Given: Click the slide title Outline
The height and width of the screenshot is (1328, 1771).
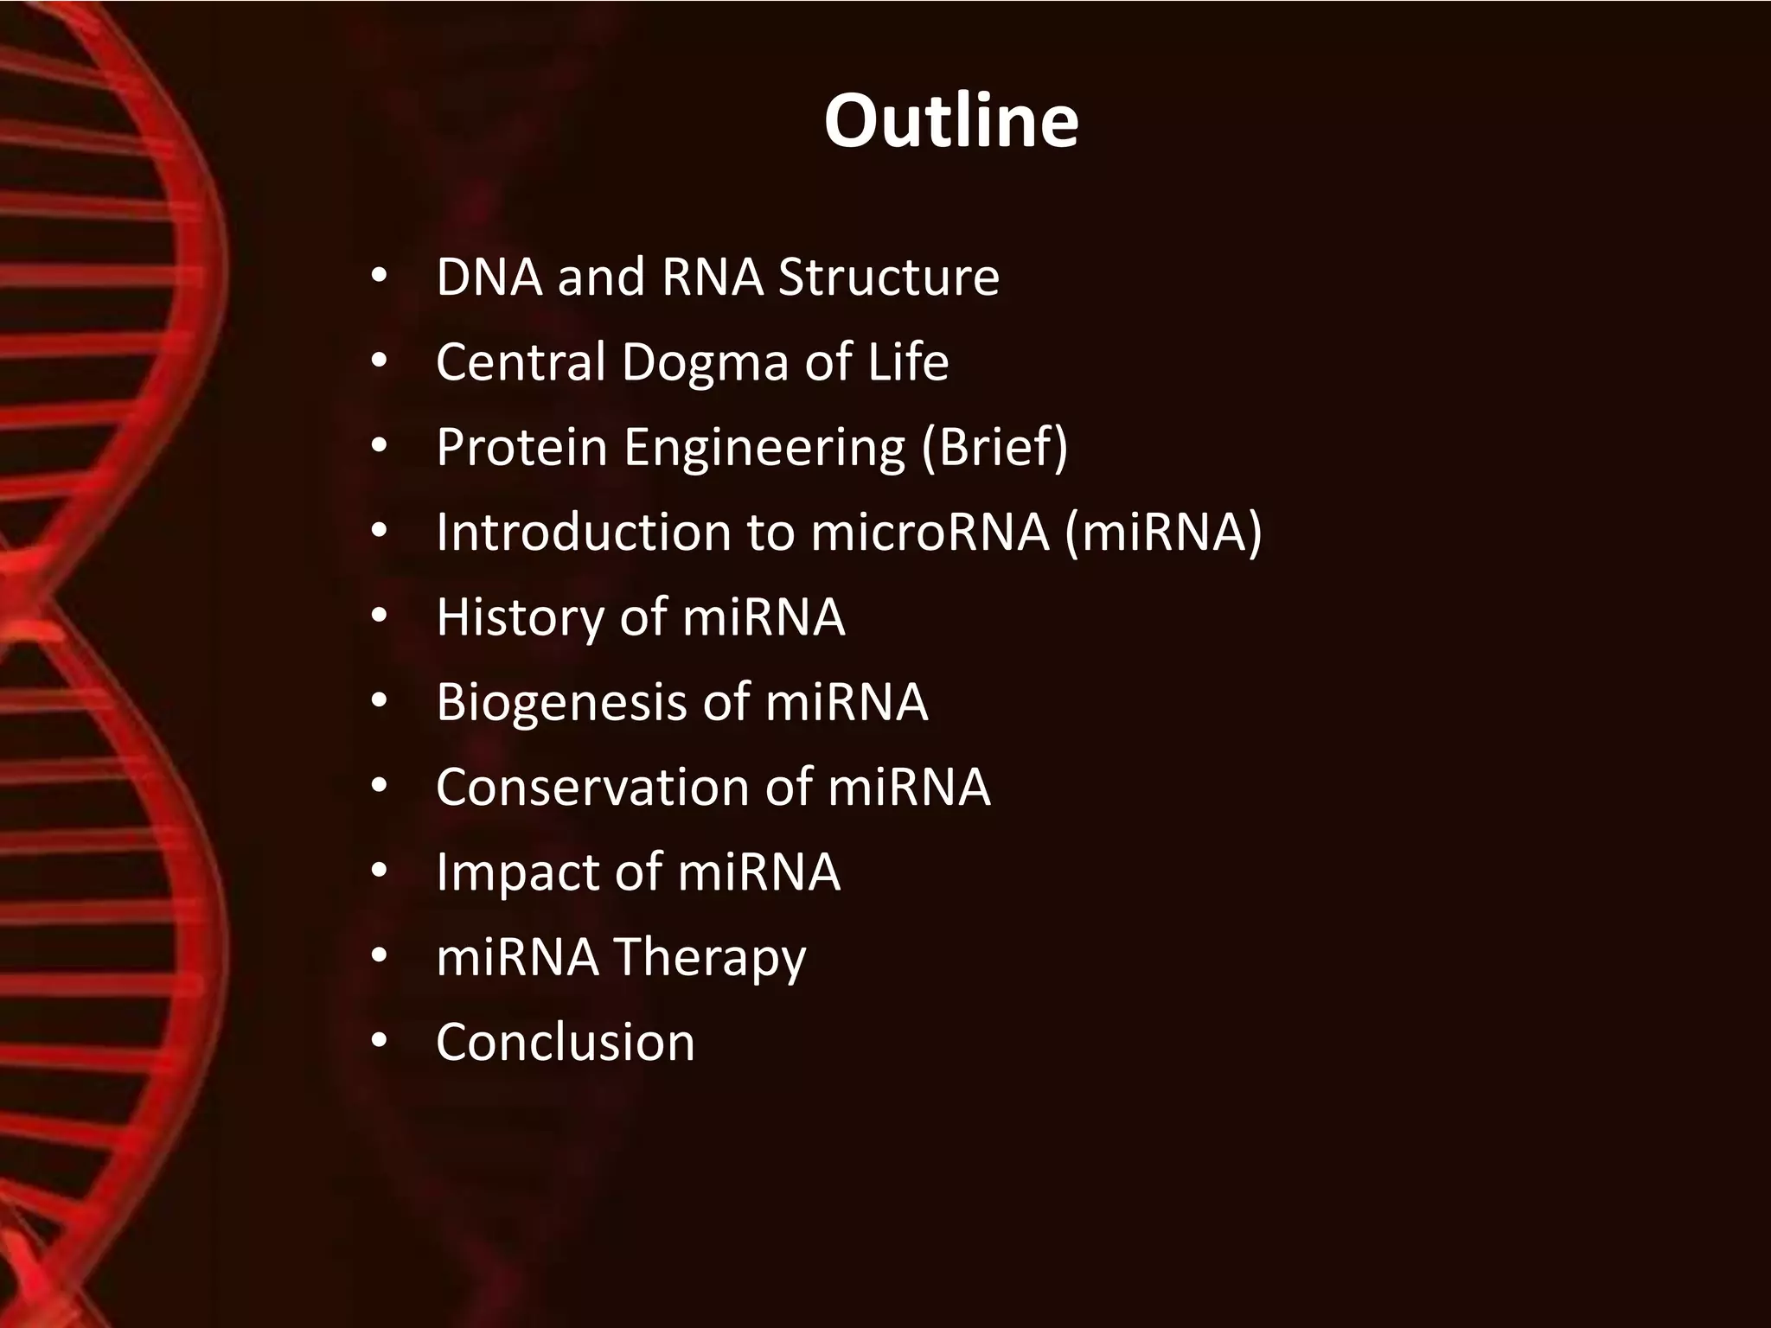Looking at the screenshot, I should tap(951, 121).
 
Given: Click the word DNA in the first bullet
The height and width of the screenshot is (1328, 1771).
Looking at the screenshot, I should tap(489, 278).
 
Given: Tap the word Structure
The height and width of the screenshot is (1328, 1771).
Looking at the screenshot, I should tap(889, 278).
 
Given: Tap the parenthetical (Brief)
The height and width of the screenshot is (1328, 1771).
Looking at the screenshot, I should tap(994, 448).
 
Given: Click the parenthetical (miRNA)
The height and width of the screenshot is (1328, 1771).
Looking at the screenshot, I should tap(1163, 533).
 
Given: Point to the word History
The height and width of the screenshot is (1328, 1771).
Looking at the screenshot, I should tap(521, 619).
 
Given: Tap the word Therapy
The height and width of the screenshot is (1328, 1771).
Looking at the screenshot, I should tap(710, 958).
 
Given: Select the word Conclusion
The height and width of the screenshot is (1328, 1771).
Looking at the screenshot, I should tap(566, 1043).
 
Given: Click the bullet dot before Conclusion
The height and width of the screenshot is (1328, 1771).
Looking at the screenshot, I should tap(379, 1043).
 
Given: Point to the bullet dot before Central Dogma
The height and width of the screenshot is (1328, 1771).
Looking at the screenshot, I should tap(379, 363).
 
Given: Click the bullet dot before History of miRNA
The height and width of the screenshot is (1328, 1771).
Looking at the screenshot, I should tap(379, 618).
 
